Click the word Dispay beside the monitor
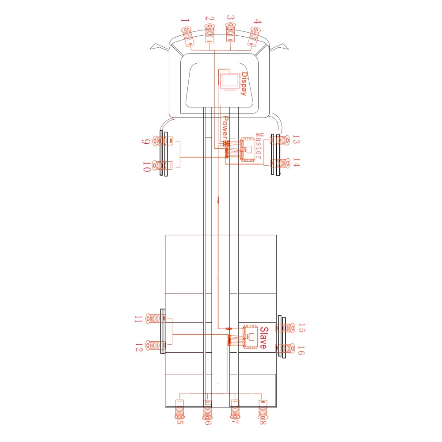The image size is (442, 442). (244, 84)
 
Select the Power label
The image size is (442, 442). (225, 127)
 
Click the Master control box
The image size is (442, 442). (248, 149)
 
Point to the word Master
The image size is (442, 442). (259, 146)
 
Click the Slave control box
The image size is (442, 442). (251, 336)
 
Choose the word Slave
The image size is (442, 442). (264, 338)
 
